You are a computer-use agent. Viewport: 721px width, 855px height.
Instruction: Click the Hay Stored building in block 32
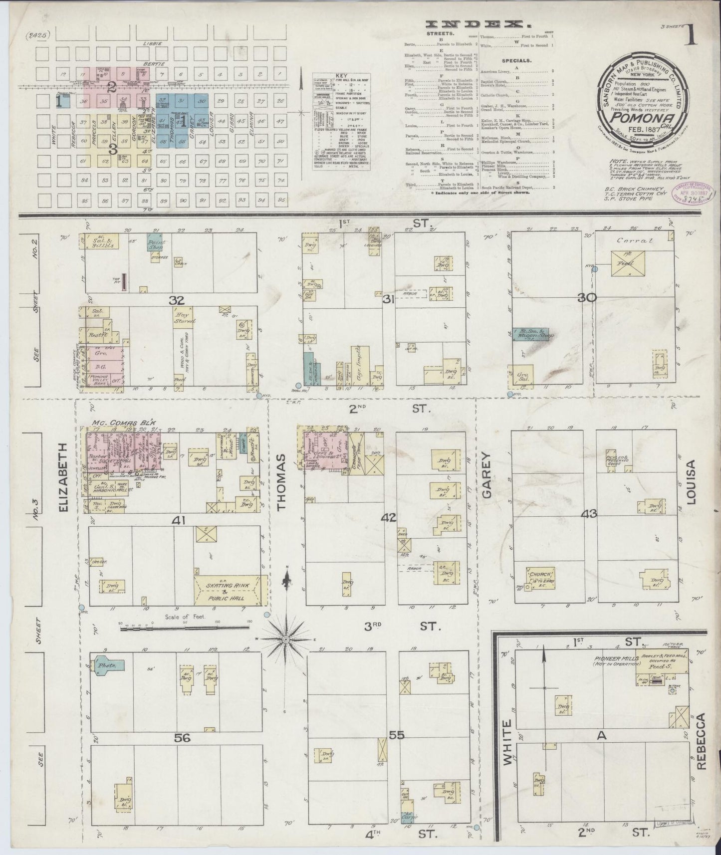pyautogui.click(x=183, y=322)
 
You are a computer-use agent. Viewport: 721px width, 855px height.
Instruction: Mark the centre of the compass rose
pyautogui.click(x=286, y=639)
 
